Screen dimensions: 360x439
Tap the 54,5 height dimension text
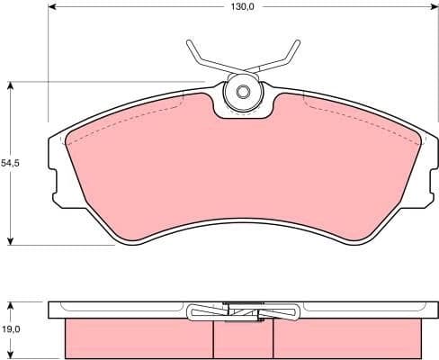[x=10, y=163]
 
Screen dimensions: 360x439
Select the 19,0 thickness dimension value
[x=10, y=329]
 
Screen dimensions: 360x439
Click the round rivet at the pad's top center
[x=241, y=91]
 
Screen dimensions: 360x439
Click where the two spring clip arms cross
[x=241, y=70]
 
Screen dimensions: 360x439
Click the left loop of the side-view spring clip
[x=199, y=313]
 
